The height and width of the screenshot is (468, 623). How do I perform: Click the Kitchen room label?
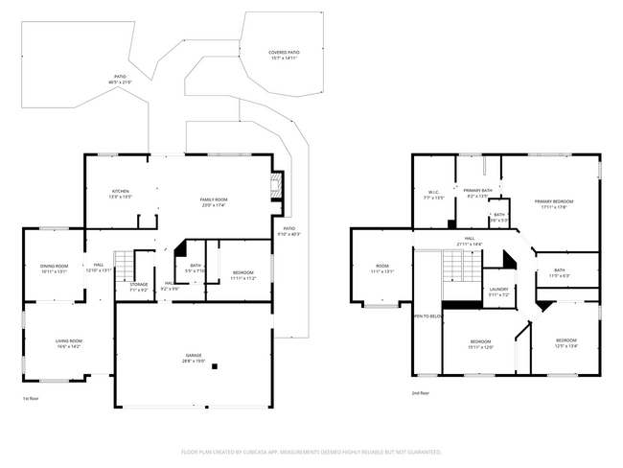121,194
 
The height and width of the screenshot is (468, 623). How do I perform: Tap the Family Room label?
214,201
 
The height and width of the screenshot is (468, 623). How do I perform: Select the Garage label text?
194,360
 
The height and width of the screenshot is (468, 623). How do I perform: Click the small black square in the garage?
215,365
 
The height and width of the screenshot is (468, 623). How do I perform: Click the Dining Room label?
54,269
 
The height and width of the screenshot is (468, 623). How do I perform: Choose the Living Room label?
67,343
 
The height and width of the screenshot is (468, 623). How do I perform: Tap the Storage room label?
139,287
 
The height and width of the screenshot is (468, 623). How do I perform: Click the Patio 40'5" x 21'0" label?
121,80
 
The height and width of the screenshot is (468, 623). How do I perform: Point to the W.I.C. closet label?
433,195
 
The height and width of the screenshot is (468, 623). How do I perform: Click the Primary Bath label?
477,193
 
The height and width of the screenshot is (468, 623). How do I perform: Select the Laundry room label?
498,292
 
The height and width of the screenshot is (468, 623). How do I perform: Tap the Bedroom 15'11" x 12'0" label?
480,344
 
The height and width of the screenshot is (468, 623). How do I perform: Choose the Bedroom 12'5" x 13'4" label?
566,343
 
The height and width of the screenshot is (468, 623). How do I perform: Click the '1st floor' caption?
31,398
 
